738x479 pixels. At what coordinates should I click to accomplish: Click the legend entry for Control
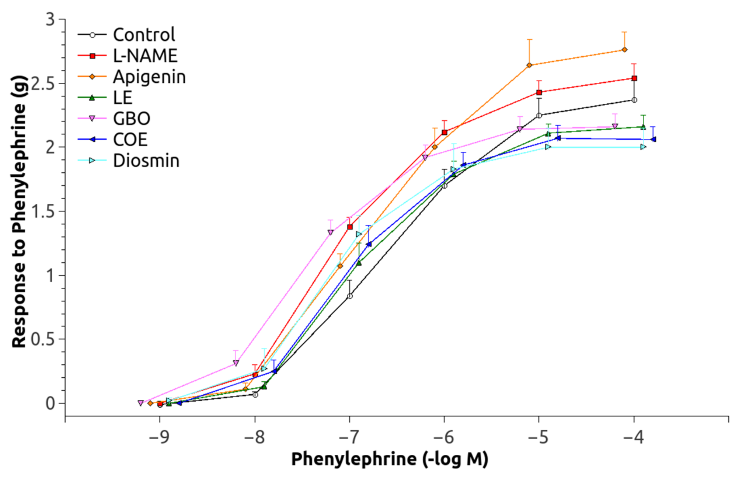click(x=144, y=35)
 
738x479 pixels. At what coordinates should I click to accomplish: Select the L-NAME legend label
click(x=145, y=56)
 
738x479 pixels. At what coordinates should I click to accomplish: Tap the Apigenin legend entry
click(x=149, y=77)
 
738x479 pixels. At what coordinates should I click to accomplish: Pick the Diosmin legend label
click(x=146, y=161)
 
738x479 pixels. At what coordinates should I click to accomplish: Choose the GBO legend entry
click(x=132, y=119)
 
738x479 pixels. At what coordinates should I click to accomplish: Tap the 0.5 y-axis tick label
click(x=43, y=339)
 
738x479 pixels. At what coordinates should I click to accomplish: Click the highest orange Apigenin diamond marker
click(x=625, y=50)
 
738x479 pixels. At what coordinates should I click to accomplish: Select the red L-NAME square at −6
click(x=444, y=132)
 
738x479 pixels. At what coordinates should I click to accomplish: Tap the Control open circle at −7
click(x=350, y=296)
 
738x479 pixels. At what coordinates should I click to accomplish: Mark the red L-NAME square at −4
click(x=634, y=78)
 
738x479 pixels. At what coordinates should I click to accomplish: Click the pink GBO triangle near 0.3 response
click(x=236, y=363)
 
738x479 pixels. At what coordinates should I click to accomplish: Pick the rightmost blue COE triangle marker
click(x=653, y=140)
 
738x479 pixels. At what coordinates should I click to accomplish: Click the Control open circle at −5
click(x=539, y=116)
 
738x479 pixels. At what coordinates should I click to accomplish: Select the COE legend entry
click(x=130, y=140)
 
